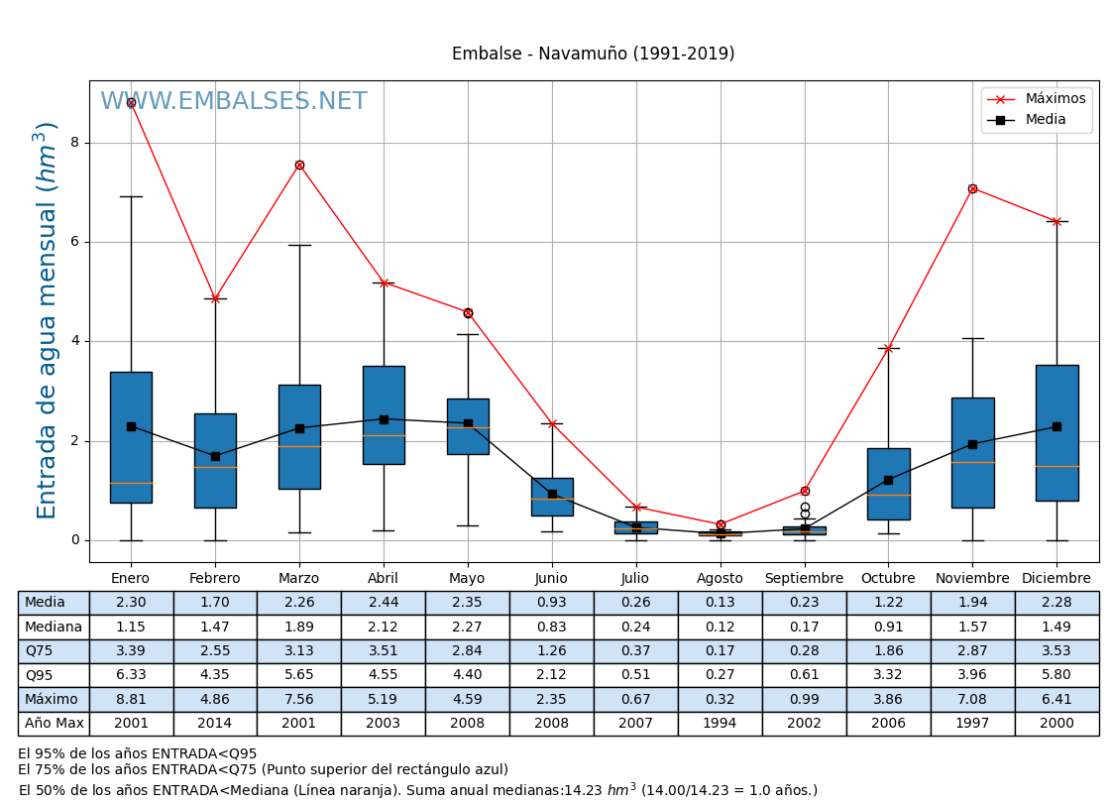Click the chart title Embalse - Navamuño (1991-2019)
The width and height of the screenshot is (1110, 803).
tap(593, 55)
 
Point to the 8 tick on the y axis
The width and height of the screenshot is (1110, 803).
tap(74, 143)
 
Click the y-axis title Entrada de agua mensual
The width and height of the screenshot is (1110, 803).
tap(47, 319)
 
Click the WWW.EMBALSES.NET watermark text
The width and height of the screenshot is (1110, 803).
tap(234, 102)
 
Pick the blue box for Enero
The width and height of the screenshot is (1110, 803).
tap(131, 437)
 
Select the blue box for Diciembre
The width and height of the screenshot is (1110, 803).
tap(1056, 432)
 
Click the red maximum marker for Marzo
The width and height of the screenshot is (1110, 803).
tap(299, 165)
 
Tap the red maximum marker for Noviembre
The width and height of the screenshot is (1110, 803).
tap(972, 188)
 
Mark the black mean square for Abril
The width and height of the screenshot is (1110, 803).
tap(384, 419)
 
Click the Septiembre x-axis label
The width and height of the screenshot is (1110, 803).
tap(804, 579)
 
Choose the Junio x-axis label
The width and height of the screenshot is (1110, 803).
tap(551, 579)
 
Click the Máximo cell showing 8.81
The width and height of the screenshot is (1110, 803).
tap(131, 699)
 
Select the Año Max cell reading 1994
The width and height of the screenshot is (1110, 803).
tap(720, 724)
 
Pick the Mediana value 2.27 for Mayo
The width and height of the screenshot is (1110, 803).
tap(467, 627)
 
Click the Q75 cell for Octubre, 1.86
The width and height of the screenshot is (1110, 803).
tap(888, 651)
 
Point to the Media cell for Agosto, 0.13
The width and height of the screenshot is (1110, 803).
tap(720, 603)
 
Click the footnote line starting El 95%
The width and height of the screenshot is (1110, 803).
tap(138, 754)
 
